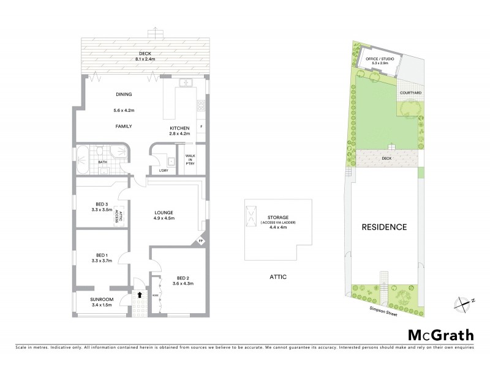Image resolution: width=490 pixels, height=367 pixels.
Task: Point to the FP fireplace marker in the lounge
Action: [x=201, y=242]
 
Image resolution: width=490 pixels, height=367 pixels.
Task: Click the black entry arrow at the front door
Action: [x=140, y=294]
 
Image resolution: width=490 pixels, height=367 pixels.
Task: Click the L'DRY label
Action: [x=164, y=170]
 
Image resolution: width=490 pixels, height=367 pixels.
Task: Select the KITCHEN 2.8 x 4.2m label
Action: [x=179, y=132]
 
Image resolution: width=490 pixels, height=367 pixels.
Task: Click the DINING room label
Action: [x=124, y=94]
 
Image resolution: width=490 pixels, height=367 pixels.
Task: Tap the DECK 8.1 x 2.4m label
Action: [x=145, y=57]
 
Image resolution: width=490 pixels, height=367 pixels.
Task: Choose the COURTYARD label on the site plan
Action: [x=410, y=92]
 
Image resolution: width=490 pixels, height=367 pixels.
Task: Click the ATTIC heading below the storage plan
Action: [x=277, y=277]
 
